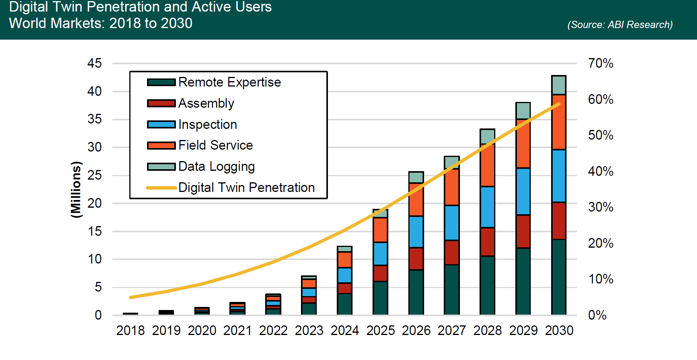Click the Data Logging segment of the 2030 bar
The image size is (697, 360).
pos(558,85)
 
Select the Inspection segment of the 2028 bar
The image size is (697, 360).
pos(487,207)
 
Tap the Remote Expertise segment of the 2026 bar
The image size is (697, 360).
pos(416,292)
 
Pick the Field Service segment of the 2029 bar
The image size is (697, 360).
pos(523,143)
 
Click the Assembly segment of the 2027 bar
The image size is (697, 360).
pos(451,252)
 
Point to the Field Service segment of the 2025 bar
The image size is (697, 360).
pos(380,230)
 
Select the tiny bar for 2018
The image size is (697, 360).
pos(130,314)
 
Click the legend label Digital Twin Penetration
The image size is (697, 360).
pos(246,188)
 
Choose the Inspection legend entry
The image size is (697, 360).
pos(207,125)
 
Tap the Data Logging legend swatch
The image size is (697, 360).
pos(161,167)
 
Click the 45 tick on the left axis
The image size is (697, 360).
pos(94,63)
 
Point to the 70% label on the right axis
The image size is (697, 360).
pos(600,63)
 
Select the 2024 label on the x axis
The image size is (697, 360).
pos(344,330)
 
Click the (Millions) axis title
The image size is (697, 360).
pos(76,190)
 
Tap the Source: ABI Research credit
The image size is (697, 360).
pos(620,25)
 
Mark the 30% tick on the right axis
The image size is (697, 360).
pos(600,207)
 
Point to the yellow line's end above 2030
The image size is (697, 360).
pos(559,104)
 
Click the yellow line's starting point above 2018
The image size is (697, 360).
pos(131,297)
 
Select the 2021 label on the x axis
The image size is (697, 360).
pos(237,330)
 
